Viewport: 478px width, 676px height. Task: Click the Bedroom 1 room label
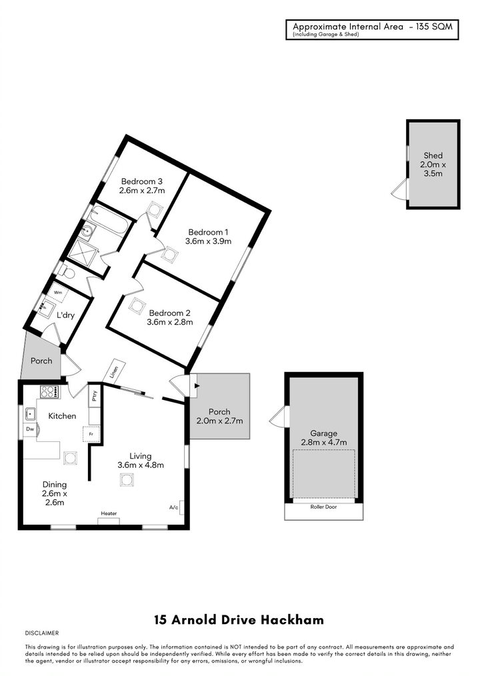tap(208, 232)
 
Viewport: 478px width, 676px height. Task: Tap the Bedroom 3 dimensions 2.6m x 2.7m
tap(142, 190)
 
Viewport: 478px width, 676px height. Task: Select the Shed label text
tap(433, 155)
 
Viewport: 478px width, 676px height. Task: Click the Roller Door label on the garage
tap(324, 507)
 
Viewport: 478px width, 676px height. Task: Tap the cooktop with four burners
tap(50, 391)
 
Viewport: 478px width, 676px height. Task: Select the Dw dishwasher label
tap(30, 429)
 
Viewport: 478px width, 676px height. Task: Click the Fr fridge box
tap(91, 434)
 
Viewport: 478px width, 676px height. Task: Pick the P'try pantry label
tap(95, 396)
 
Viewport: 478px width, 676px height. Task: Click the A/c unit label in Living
tap(174, 507)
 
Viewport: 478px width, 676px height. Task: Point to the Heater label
tap(109, 513)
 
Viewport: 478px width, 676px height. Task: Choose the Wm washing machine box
tap(58, 291)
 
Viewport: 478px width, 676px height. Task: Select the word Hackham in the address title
tap(294, 620)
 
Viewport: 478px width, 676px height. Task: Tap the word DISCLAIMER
tap(42, 633)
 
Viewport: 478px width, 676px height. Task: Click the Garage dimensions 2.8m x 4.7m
tap(324, 442)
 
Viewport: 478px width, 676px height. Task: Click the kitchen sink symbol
tap(30, 413)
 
